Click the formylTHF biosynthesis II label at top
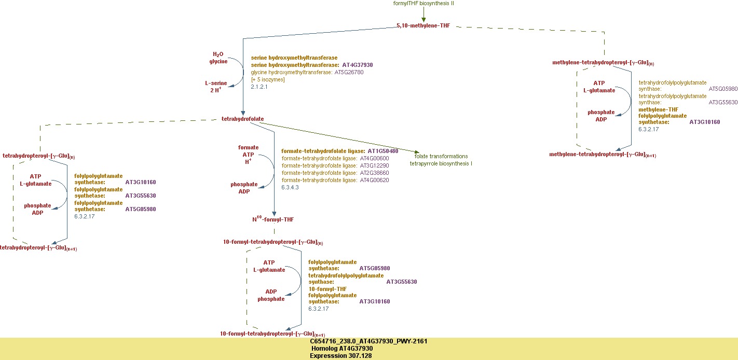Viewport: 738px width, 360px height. coord(423,3)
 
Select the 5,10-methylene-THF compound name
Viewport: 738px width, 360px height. coord(423,25)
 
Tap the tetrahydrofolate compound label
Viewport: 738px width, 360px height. coord(242,119)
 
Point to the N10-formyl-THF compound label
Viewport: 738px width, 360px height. coord(273,219)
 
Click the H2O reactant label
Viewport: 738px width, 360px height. coord(218,54)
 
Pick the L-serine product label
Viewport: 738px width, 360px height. coord(216,83)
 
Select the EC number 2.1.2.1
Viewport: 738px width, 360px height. coord(259,87)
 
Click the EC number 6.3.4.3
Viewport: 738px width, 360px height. coord(290,187)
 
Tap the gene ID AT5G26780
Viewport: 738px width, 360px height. coord(349,72)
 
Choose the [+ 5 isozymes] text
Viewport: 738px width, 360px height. coord(268,79)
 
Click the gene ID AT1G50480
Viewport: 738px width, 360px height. coord(383,151)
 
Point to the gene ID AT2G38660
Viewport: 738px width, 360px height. coord(374,173)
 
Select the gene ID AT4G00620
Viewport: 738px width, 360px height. coord(374,180)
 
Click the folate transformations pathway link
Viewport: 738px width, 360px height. coord(441,156)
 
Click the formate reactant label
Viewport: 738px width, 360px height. coord(248,148)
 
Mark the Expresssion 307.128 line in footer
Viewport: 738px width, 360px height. coord(340,356)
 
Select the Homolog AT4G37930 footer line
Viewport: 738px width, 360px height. coord(343,349)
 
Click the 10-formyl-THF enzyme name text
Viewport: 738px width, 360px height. coord(327,289)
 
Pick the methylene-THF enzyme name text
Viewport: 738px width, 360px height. coord(658,109)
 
